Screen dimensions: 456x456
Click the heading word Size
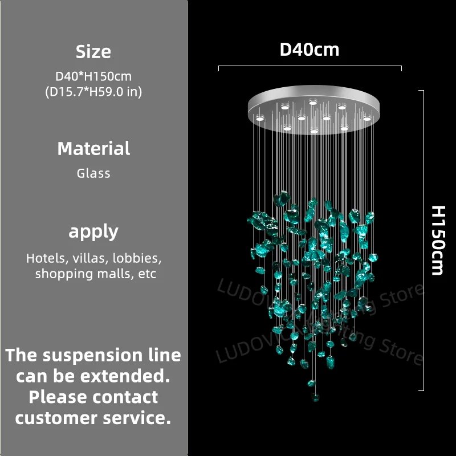(93, 52)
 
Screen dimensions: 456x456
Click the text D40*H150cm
(93, 76)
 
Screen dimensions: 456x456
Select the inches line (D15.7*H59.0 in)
(93, 91)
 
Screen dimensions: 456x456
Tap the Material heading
(93, 149)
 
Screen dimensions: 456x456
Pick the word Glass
(93, 173)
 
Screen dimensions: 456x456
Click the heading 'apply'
(93, 231)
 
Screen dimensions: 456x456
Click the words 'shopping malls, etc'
(95, 274)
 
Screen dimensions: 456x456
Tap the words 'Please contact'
(93, 397)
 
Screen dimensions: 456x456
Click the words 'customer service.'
(93, 417)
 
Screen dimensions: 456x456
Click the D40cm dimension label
(310, 50)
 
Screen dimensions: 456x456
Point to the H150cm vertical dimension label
(438, 240)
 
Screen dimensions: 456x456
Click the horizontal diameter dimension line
(310, 68)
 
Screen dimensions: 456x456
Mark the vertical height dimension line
(422, 240)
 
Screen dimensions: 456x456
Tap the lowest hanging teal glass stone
(315, 396)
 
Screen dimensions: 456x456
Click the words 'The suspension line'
(93, 356)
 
